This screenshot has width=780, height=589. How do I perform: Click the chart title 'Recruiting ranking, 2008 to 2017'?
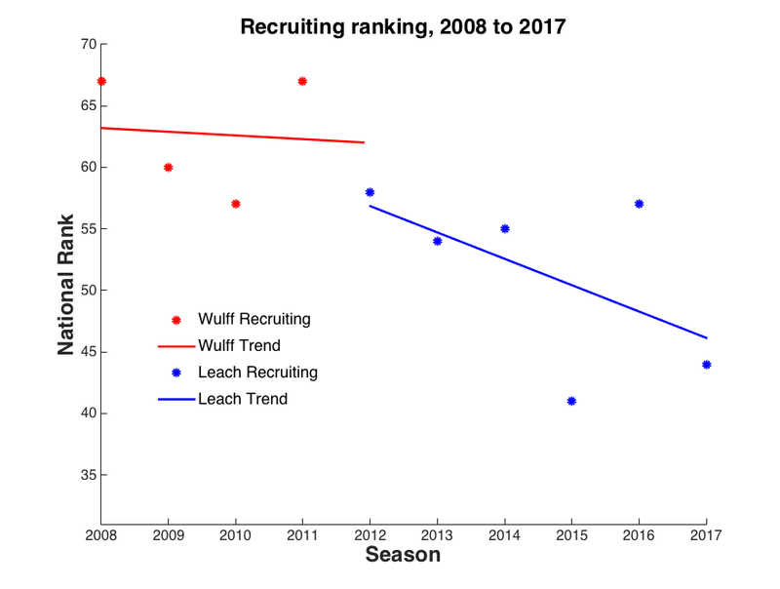[403, 26]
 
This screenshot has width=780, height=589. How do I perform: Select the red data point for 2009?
[168, 167]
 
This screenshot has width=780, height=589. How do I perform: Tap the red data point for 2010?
[235, 204]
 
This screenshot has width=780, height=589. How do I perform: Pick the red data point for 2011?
[302, 81]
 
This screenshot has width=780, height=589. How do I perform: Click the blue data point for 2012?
[370, 192]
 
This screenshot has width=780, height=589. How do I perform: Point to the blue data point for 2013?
[437, 241]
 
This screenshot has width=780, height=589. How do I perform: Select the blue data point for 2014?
[504, 228]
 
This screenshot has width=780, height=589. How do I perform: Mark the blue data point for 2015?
[571, 401]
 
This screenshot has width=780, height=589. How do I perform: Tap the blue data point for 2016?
[639, 204]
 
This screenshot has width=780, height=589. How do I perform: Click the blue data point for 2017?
[706, 365]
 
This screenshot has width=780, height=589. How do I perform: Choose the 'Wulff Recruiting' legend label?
[253, 319]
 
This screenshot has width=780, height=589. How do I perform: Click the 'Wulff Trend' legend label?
[239, 345]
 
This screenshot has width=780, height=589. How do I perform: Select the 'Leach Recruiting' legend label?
[257, 372]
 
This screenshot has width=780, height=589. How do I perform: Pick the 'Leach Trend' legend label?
[242, 399]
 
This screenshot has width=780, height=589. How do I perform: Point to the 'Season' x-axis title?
[403, 555]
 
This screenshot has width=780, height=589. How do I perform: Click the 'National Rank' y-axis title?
[66, 284]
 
